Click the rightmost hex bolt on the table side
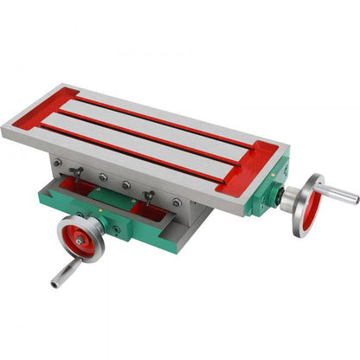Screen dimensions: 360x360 [177, 202]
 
